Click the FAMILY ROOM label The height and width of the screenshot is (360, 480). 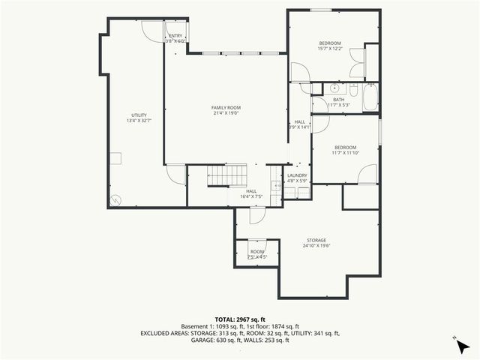pos(225,108)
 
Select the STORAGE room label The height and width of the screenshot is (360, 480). pos(315,240)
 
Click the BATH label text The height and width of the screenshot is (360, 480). pos(339,99)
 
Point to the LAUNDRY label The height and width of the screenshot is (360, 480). pos(297,175)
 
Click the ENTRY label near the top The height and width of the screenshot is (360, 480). pos(175,35)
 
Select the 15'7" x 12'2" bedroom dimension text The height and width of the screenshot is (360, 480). pos(330,49)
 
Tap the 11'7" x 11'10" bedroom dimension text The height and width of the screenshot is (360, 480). pos(345,153)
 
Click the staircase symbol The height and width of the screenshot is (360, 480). pos(226,176)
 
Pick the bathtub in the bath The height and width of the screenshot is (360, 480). pos(370,98)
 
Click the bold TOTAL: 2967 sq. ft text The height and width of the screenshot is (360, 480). pos(240,319)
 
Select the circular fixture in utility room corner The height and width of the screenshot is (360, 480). pos(115,200)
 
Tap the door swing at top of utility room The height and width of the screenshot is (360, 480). pos(154,30)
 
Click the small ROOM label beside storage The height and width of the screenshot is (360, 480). pos(257,252)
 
